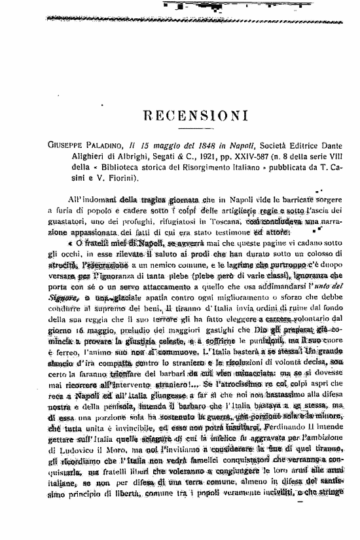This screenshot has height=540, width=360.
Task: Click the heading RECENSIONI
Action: [194, 116]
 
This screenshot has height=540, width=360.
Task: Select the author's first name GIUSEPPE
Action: [71, 145]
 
